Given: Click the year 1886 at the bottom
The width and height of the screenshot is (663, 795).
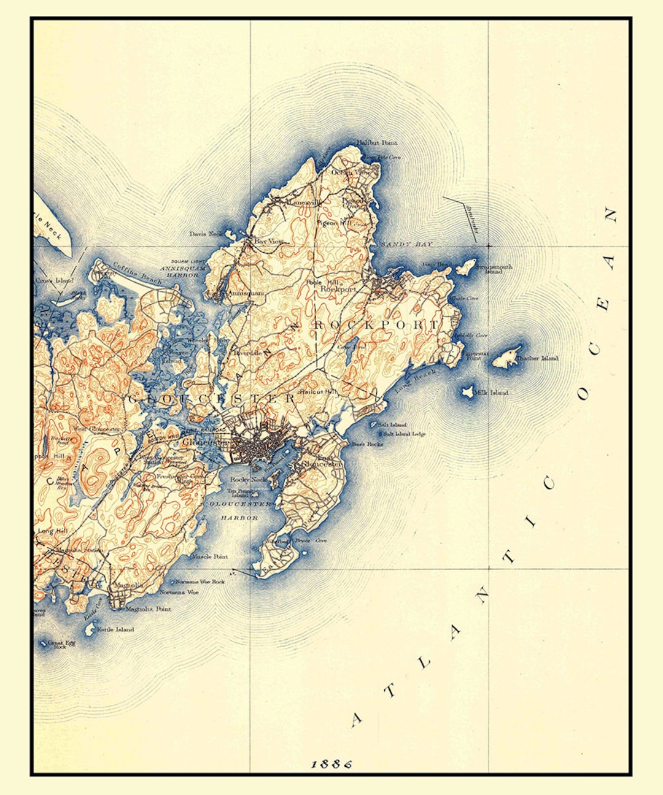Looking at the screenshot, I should pos(331,764).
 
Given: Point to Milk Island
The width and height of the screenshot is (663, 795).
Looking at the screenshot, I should pos(468,391).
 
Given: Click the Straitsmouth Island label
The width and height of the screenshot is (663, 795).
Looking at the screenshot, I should pos(494,269).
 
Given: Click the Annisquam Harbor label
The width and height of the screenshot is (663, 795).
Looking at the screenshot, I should pos(180,272).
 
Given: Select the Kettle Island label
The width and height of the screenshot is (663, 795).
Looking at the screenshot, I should pos(115,629).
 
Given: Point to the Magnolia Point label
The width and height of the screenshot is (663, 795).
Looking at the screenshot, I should pos(148,609).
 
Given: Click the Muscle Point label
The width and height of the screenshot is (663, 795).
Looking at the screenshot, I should pos(209,556).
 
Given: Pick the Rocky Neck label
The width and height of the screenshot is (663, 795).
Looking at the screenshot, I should pos(247,480).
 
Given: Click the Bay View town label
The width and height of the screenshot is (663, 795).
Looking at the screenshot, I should pos(268,242).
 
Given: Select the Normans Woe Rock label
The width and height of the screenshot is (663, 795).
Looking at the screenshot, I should pos(200,581).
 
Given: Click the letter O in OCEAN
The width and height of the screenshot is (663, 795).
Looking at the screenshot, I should pos(583,393).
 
